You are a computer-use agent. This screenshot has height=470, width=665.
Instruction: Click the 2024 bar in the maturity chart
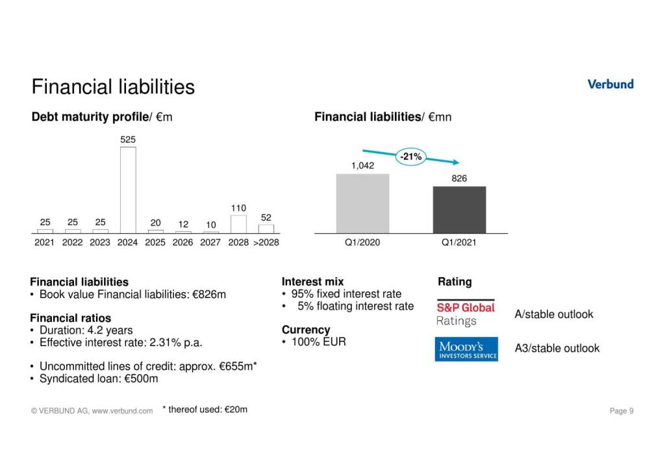coord(128,190)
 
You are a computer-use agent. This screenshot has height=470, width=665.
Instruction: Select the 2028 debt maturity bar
coord(238,224)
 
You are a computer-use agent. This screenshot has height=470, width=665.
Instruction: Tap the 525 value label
coord(128,139)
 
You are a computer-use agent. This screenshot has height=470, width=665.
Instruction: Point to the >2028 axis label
coord(266,243)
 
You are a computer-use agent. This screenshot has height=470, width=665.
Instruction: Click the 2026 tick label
coord(183,243)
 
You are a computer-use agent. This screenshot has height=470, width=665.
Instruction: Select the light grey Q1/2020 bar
coord(362,203)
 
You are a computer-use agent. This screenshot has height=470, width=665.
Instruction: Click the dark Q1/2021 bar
coord(459,210)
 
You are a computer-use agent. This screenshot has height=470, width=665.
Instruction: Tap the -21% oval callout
coord(410,156)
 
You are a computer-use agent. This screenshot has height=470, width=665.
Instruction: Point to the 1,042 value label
coord(362,166)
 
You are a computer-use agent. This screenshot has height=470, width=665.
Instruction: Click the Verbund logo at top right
coord(610,84)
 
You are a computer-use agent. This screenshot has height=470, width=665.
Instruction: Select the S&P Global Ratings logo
coord(466,313)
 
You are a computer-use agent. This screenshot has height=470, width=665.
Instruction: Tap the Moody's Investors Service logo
coord(466,349)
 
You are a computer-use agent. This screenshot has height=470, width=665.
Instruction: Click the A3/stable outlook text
coord(557,349)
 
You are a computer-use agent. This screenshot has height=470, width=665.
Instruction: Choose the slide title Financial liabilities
coord(113,87)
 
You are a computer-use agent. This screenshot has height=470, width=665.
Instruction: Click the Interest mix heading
coord(312,282)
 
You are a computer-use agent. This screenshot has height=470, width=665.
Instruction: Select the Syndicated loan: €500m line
coord(99,378)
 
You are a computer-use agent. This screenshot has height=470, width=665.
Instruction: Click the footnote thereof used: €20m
coord(205,410)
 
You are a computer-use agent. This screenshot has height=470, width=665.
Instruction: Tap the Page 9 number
coord(621,411)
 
